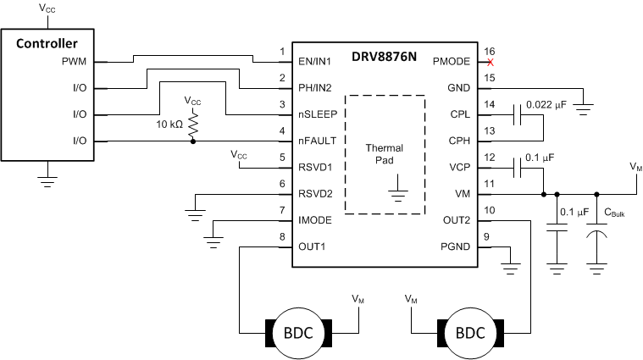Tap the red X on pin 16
tap(490, 62)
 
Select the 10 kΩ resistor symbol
tap(193, 125)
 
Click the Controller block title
tap(48, 43)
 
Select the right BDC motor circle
tap(470, 333)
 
